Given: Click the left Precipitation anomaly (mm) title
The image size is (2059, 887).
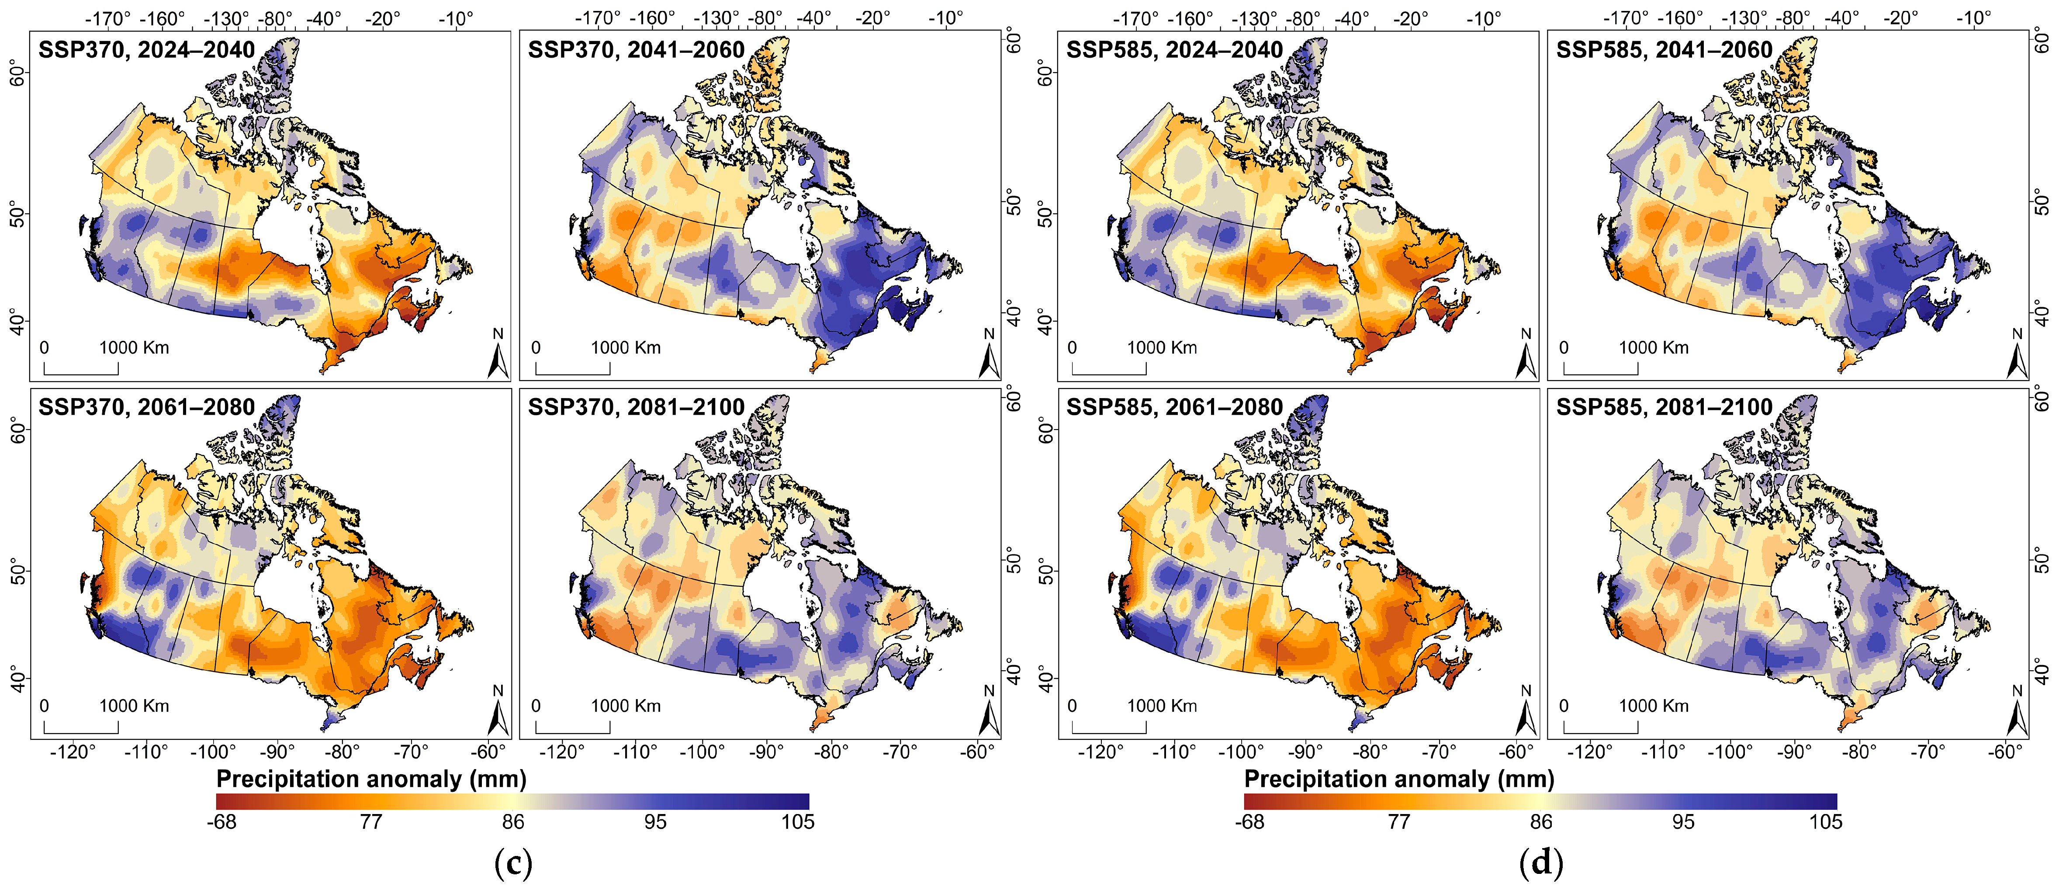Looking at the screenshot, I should click(371, 779).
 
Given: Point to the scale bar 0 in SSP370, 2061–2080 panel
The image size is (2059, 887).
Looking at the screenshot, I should click(44, 706).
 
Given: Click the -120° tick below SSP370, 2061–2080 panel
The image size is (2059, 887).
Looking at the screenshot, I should click(73, 752).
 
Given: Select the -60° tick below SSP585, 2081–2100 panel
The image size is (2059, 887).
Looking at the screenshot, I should click(2005, 752).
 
